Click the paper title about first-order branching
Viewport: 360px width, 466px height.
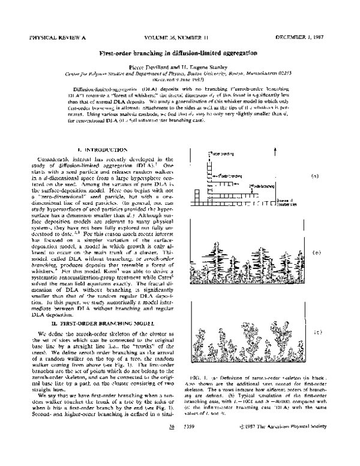click(179, 53)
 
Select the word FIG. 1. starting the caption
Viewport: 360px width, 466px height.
click(206, 376)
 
